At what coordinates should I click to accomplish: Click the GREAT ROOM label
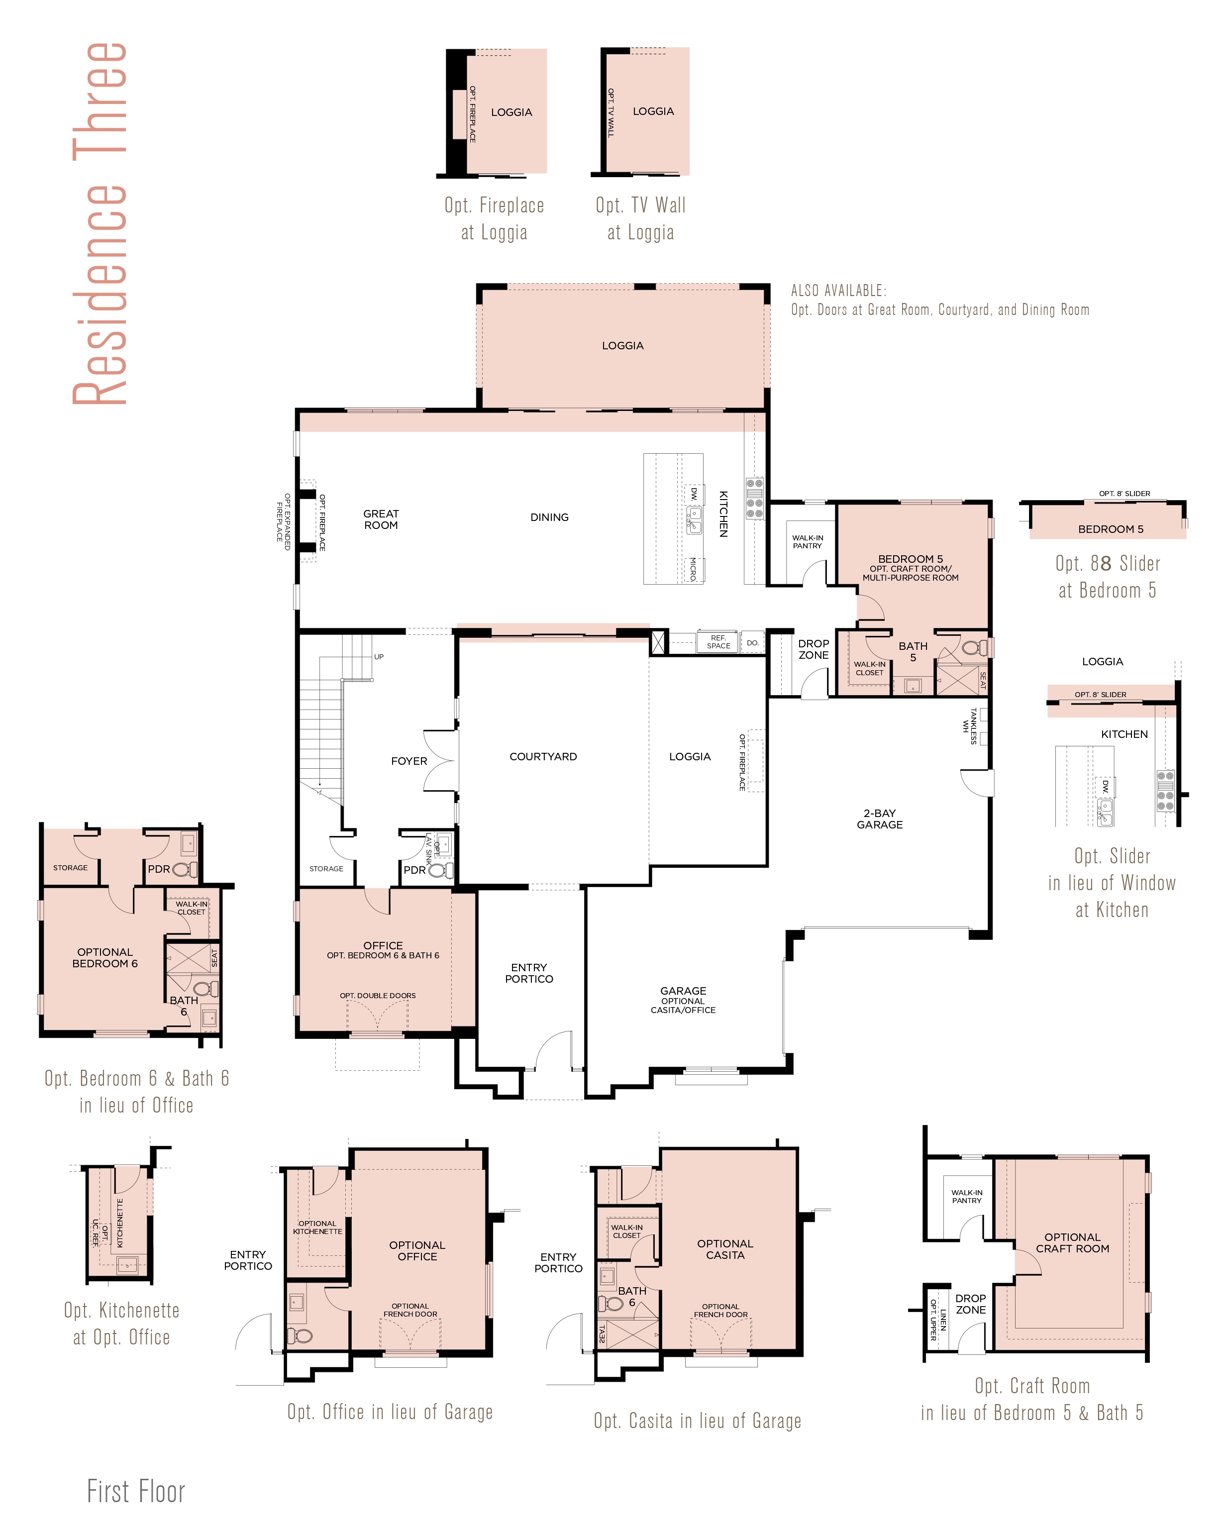pos(381,519)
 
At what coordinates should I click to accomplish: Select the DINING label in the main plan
pos(549,517)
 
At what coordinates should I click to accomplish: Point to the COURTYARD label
pos(543,756)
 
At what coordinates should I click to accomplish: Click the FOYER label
pos(409,761)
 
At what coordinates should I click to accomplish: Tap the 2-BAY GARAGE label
pos(880,819)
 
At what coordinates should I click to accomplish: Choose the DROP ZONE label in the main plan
pos(813,649)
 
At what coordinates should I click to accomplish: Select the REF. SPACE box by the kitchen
pos(718,642)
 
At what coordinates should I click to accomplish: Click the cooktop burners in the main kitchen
pos(754,498)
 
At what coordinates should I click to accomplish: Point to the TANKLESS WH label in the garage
pos(969,726)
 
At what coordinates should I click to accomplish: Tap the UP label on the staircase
pos(379,657)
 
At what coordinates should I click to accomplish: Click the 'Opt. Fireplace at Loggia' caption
pos(495,218)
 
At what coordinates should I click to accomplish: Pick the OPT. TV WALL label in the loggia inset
pos(611,112)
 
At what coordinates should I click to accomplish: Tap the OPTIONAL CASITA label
pos(725,1249)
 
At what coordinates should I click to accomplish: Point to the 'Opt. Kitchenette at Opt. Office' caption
pos(121,1324)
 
